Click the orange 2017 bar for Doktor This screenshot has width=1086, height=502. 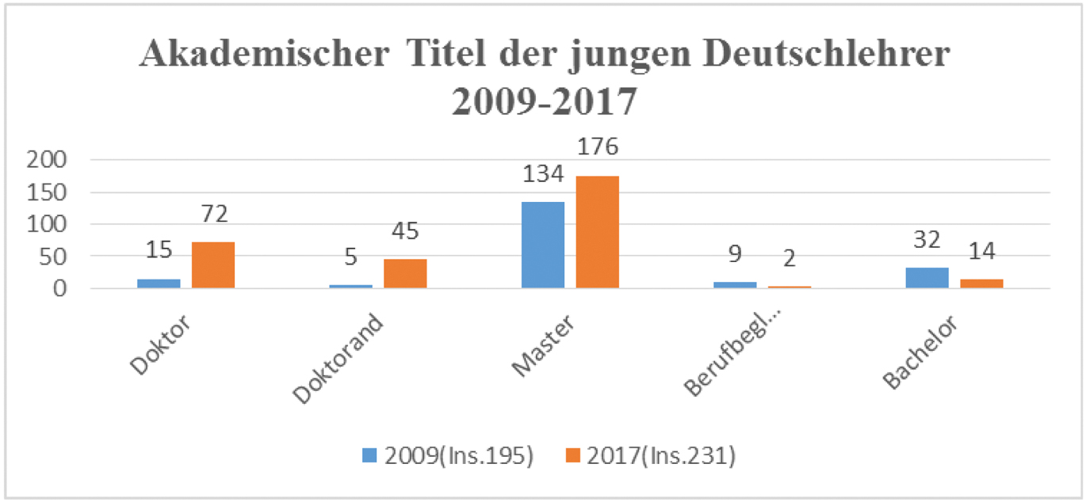click(213, 265)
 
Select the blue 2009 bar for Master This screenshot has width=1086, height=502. click(543, 245)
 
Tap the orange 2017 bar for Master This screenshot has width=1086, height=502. click(597, 232)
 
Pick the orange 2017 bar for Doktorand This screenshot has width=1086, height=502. click(405, 274)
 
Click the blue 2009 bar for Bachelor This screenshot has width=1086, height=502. click(927, 278)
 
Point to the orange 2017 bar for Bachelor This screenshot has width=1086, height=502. click(981, 283)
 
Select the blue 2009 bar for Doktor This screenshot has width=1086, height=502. click(159, 283)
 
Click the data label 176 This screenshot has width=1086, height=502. click(597, 147)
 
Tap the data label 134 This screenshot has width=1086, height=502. click(543, 174)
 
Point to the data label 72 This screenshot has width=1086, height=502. click(213, 214)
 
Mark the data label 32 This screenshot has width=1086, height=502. click(927, 240)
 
